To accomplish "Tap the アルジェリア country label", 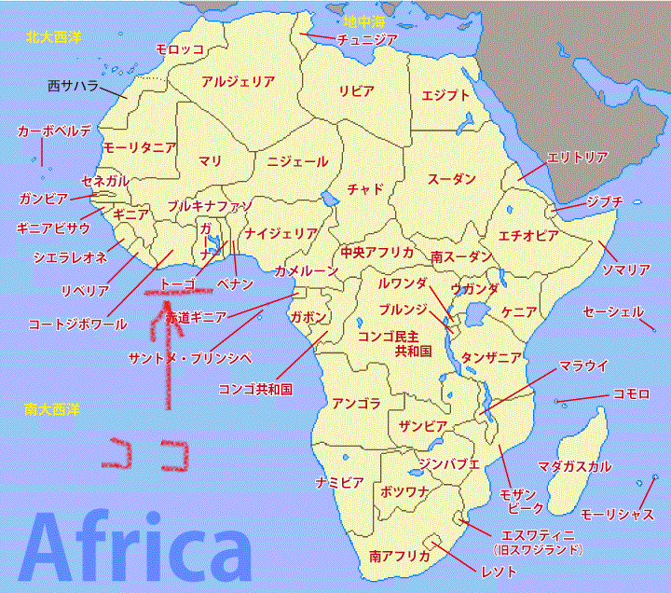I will [x=238, y=81].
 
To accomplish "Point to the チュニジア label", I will [x=367, y=39].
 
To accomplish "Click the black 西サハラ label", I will [x=73, y=87].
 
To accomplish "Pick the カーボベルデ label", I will [x=54, y=132].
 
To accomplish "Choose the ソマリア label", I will [x=625, y=270].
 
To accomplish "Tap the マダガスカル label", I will [x=574, y=465].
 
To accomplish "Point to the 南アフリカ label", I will [x=399, y=557].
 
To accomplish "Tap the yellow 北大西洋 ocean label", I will [x=54, y=37].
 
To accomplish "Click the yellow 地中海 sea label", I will [x=362, y=21].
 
